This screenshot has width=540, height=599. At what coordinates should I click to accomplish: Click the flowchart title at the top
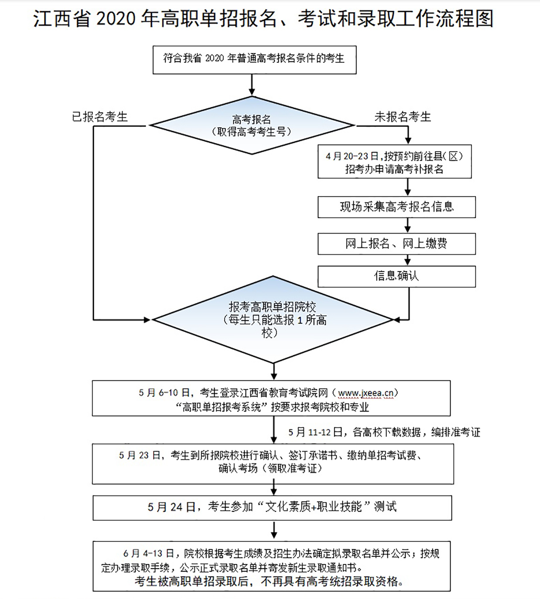tap(263, 19)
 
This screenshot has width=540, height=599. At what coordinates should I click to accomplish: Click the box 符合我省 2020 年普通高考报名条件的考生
tap(254, 59)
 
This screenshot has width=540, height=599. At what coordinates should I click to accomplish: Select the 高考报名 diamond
tap(252, 126)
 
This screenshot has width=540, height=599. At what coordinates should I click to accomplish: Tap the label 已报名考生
tap(100, 117)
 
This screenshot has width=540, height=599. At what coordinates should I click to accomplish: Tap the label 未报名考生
tap(402, 117)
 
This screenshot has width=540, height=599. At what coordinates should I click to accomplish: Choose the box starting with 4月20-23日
tap(394, 162)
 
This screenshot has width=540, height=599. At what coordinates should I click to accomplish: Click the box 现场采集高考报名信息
tap(396, 207)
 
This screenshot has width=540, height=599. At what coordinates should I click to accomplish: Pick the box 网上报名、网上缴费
tap(396, 244)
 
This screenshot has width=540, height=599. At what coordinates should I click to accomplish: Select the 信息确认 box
tap(396, 276)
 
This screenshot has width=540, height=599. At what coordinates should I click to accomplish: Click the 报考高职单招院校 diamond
tap(273, 320)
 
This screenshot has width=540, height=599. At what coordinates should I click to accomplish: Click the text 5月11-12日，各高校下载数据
tap(384, 432)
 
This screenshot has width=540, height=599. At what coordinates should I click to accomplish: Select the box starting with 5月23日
tap(273, 463)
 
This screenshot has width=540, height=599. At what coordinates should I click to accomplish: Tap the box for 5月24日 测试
tap(272, 507)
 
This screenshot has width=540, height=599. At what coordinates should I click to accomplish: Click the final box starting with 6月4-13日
tap(271, 566)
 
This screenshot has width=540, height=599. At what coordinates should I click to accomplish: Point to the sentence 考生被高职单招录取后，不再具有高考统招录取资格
tap(269, 581)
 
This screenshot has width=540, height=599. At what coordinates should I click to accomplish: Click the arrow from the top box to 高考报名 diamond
tap(252, 85)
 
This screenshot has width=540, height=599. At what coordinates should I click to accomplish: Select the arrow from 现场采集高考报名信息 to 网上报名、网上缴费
tap(408, 225)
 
